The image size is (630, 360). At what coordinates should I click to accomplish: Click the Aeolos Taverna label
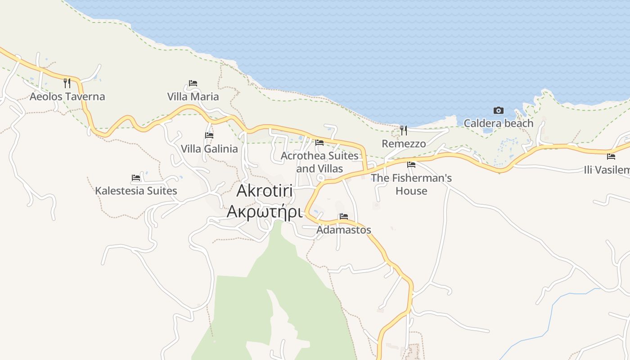(x=67, y=96)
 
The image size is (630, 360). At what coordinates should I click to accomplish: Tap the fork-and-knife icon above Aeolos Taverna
(x=67, y=83)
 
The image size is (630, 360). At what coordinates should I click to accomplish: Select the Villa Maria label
(x=193, y=96)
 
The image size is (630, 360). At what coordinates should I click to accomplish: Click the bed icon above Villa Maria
(x=193, y=83)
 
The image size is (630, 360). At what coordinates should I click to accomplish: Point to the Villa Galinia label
(x=209, y=148)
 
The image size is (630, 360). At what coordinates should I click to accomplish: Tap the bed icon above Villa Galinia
(x=209, y=135)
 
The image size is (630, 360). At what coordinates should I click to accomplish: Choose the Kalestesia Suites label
(x=136, y=191)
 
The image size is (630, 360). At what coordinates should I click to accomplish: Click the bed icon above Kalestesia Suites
(x=136, y=178)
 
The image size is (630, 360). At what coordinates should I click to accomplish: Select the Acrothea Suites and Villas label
(x=319, y=162)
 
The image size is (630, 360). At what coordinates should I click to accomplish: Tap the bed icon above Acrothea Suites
(x=319, y=143)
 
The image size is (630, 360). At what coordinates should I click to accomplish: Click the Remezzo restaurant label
(x=404, y=144)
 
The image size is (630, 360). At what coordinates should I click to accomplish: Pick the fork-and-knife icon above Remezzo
(x=404, y=130)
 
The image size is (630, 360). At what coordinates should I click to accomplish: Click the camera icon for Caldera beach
(x=499, y=110)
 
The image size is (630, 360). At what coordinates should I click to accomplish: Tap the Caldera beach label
(x=499, y=123)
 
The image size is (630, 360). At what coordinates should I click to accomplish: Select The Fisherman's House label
(x=411, y=184)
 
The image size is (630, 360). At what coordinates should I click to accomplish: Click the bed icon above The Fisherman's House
(x=411, y=165)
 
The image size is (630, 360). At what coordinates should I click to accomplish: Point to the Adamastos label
(x=344, y=229)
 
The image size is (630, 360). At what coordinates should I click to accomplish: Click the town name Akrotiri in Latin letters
(x=265, y=191)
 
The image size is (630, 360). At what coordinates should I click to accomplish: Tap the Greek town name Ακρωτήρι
(x=264, y=211)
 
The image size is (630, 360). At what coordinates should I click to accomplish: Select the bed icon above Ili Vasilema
(x=611, y=157)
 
